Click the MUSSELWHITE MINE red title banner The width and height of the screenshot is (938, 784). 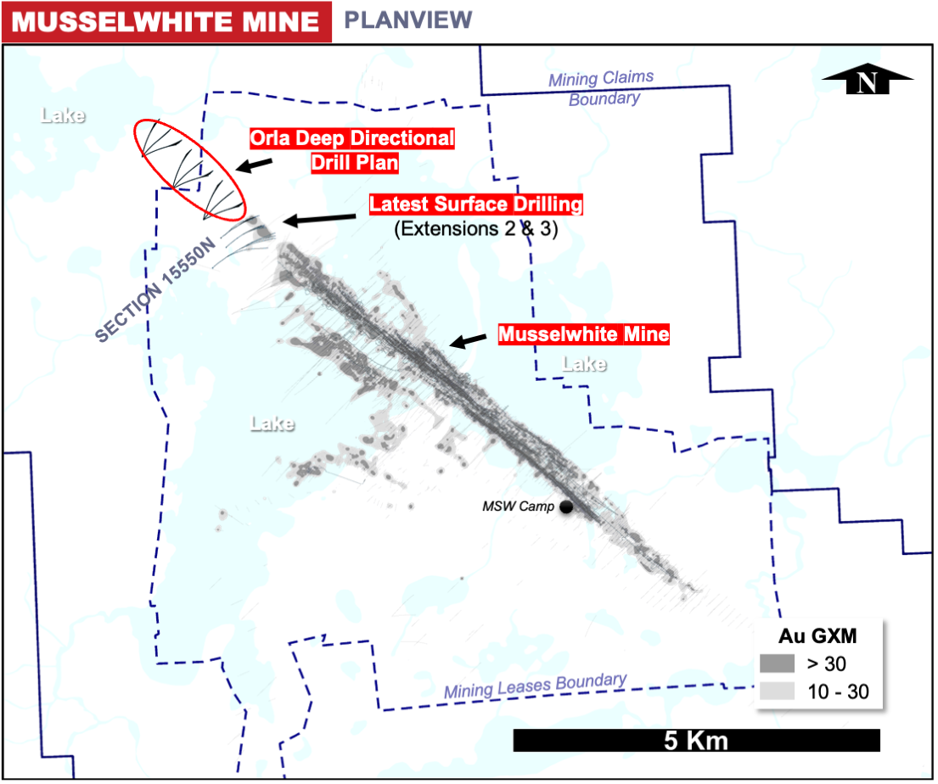coord(166,21)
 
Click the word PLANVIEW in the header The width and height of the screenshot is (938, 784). coord(408,20)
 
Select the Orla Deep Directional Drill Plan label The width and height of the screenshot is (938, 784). coord(352,149)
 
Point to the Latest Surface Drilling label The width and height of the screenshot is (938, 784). coord(476,204)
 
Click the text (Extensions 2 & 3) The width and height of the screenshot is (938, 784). coord(475,228)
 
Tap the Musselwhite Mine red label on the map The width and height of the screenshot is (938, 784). coord(584,334)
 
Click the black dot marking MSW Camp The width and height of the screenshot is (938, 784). coord(566,507)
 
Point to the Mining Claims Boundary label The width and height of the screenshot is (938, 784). coord(602,88)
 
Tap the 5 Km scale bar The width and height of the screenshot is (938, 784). coord(696,740)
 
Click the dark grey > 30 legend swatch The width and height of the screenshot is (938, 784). coord(777,663)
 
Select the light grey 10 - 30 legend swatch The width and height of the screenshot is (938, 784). coord(777,691)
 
